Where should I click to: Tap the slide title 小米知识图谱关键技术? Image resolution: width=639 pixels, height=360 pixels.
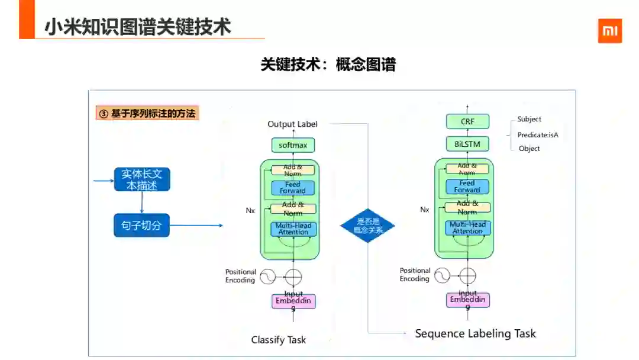tap(138, 27)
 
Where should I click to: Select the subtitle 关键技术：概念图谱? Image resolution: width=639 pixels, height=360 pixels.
tap(328, 65)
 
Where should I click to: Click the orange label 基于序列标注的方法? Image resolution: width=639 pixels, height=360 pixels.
tap(147, 113)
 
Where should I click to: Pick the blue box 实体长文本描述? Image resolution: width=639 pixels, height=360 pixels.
tap(142, 179)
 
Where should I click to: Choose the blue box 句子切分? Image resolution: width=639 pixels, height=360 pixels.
tap(141, 225)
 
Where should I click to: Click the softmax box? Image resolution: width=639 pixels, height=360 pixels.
tap(293, 145)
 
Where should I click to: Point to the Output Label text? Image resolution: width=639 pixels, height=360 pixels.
tap(292, 124)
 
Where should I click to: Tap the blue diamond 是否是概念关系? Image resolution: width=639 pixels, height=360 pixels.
tap(367, 226)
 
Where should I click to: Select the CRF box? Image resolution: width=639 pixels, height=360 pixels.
tap(467, 122)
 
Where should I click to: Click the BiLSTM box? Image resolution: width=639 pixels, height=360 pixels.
tap(467, 144)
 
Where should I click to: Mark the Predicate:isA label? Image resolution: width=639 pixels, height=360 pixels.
tap(538, 135)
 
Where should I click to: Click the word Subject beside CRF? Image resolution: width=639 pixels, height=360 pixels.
tap(529, 119)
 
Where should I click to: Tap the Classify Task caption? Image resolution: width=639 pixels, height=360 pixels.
tap(279, 339)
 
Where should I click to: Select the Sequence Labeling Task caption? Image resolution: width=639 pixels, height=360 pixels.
tap(475, 333)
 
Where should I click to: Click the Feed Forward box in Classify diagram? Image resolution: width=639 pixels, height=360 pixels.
tap(293, 188)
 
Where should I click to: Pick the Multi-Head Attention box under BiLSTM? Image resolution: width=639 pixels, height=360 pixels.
tap(467, 228)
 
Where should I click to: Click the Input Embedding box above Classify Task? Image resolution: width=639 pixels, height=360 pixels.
tap(293, 301)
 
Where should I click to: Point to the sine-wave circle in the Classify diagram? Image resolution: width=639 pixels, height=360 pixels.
tap(267, 277)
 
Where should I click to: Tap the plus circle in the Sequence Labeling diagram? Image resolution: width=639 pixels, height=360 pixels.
tap(467, 275)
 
